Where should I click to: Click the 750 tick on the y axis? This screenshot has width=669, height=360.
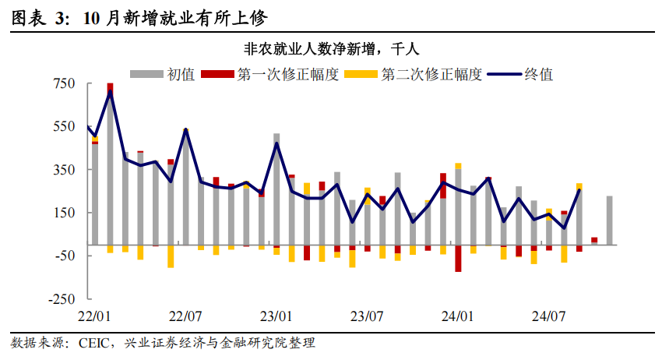click(x=63, y=83)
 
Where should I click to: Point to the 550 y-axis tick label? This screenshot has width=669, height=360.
click(x=63, y=126)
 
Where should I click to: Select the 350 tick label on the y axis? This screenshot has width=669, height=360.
click(x=63, y=169)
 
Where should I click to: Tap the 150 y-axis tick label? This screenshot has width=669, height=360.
click(x=63, y=213)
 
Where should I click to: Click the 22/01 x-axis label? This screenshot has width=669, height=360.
click(x=95, y=317)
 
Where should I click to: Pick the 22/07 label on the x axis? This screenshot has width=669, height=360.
click(x=185, y=317)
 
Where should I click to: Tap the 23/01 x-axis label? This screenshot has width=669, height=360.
click(x=276, y=317)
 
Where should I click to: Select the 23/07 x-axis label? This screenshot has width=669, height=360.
click(x=367, y=317)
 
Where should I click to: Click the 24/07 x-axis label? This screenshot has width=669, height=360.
click(x=548, y=317)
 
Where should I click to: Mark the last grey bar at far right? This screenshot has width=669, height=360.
click(x=609, y=220)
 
